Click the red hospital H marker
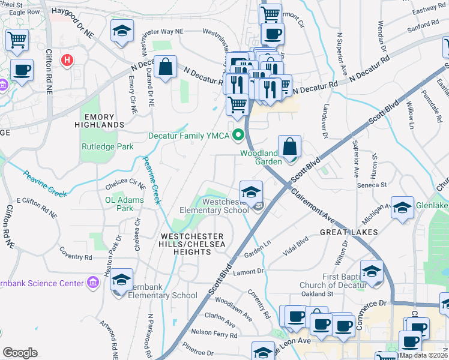point(68,60)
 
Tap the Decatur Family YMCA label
point(189,136)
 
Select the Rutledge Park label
point(107,146)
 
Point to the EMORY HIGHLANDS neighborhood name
point(100,119)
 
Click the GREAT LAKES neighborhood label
point(348,232)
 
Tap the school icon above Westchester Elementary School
point(252,191)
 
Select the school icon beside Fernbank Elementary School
point(122,280)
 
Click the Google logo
point(20,353)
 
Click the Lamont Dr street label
point(252,271)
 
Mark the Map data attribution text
point(423,355)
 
